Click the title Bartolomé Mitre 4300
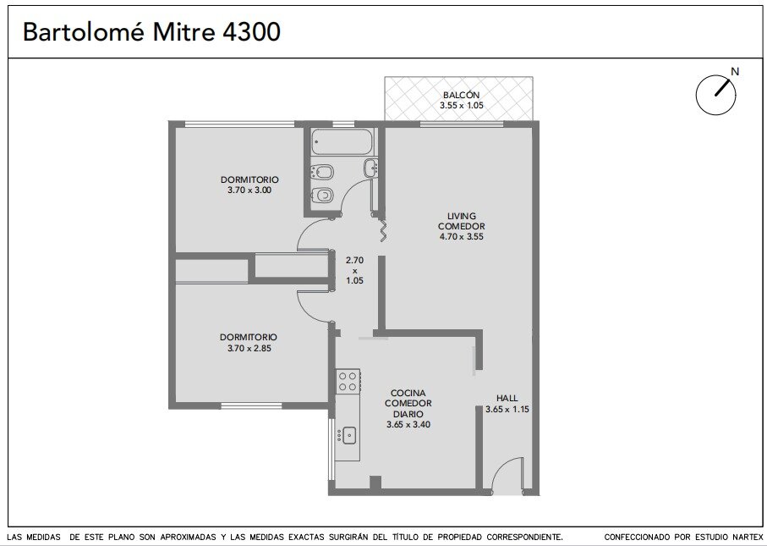pyautogui.click(x=151, y=32)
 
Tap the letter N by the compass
pyautogui.click(x=734, y=71)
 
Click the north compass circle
pyautogui.click(x=715, y=95)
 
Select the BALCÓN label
pyautogui.click(x=461, y=95)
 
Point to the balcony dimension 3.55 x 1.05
pyautogui.click(x=461, y=105)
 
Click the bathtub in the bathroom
pyautogui.click(x=342, y=142)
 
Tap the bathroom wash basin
pyautogui.click(x=370, y=168)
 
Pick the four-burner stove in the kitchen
pyautogui.click(x=348, y=381)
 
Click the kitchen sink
pyautogui.click(x=348, y=435)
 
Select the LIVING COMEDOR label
pyautogui.click(x=461, y=221)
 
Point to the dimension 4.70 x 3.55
pyautogui.click(x=461, y=236)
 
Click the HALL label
pyautogui.click(x=507, y=398)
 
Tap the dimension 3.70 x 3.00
pyautogui.click(x=249, y=190)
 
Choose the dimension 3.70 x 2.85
pyautogui.click(x=249, y=348)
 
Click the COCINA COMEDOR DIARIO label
pyautogui.click(x=408, y=403)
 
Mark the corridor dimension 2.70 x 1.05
pyautogui.click(x=354, y=270)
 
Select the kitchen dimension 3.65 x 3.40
pyautogui.click(x=408, y=425)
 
